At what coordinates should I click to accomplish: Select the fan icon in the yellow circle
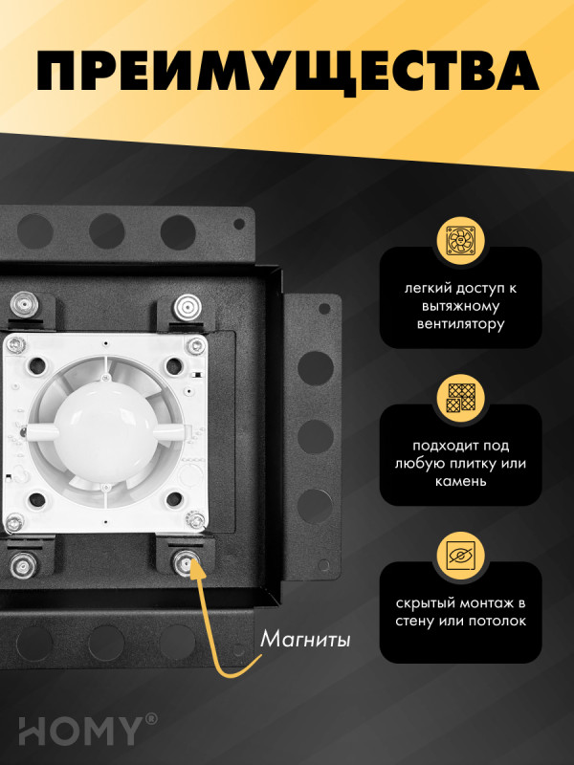pos(460,243)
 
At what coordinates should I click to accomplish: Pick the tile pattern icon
pos(460,398)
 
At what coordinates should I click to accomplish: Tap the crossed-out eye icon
pos(460,556)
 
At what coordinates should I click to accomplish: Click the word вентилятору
pos(460,324)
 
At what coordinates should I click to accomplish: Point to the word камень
pos(460,481)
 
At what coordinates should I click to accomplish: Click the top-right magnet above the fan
pos(185,307)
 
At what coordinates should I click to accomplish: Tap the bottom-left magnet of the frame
pos(23,565)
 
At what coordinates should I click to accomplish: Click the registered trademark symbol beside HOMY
pos(151,717)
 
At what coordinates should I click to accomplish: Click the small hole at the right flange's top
pos(325,309)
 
